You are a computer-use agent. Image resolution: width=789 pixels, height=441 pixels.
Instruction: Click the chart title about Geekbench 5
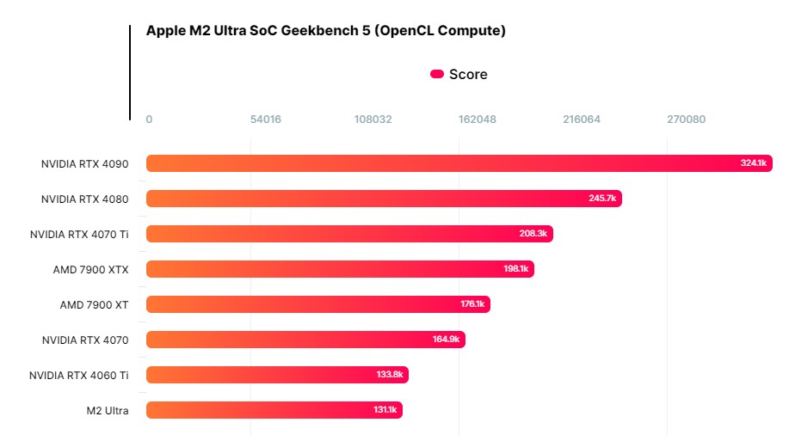(x=325, y=31)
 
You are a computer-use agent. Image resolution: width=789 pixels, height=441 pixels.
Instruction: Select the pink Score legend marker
(x=437, y=75)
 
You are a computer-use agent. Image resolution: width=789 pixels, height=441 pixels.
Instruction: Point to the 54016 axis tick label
(x=265, y=119)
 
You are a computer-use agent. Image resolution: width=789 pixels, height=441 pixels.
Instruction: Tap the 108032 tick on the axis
(x=373, y=119)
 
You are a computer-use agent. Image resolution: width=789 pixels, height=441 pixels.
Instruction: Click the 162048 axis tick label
(x=477, y=119)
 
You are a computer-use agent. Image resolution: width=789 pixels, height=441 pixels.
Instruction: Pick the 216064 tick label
(x=582, y=119)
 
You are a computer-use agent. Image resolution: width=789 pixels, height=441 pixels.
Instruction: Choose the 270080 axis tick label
(x=686, y=119)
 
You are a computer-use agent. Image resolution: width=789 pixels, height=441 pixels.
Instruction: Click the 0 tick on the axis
(x=149, y=119)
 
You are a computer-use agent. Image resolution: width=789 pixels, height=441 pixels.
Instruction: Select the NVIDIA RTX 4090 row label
(x=84, y=163)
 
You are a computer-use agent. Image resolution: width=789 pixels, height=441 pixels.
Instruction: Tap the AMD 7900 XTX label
(x=90, y=269)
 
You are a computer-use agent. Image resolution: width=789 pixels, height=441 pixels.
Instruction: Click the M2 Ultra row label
(x=108, y=410)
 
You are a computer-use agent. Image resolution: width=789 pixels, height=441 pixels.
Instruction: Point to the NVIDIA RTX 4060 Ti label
(x=78, y=375)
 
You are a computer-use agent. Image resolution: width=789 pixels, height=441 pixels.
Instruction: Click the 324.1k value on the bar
(x=753, y=163)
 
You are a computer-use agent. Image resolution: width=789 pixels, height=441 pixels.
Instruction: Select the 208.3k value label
(x=533, y=234)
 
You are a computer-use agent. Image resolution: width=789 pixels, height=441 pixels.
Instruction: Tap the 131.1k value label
(x=385, y=410)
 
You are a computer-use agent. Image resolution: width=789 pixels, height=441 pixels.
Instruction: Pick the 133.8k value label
(x=390, y=375)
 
